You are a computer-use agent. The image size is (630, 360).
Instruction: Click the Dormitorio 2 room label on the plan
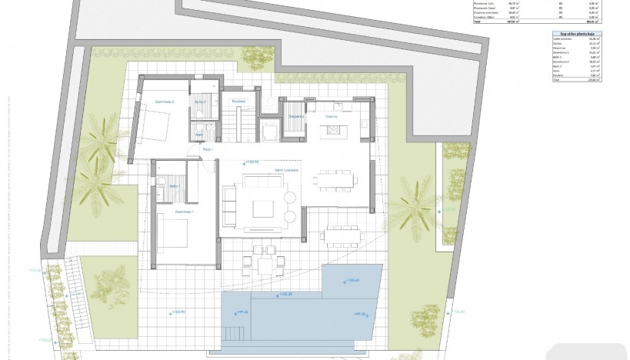pyautogui.click(x=165, y=102)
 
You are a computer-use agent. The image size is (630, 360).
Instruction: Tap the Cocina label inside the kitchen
pyautogui.click(x=332, y=116)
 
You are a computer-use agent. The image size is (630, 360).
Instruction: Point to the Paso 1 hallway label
pyautogui.click(x=207, y=149)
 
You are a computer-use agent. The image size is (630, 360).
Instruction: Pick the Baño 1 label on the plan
pyautogui.click(x=173, y=186)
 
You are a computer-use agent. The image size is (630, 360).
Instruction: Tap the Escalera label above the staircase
pyautogui.click(x=238, y=102)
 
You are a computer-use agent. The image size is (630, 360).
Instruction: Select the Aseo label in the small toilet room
pyautogui.click(x=198, y=135)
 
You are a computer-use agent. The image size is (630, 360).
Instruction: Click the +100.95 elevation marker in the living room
pyautogui.click(x=251, y=162)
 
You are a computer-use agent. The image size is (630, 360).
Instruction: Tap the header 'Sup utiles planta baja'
pyautogui.click(x=575, y=35)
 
